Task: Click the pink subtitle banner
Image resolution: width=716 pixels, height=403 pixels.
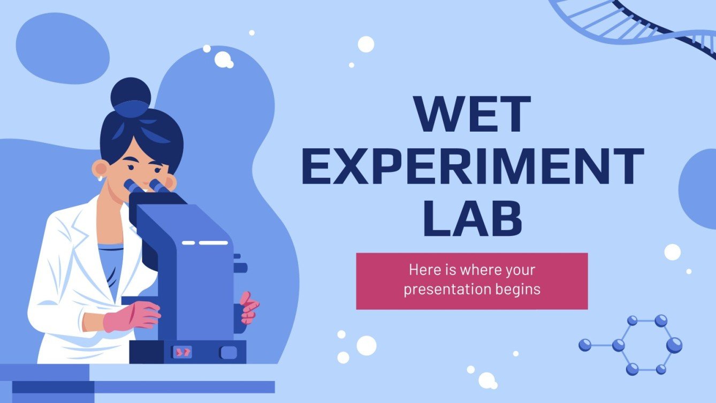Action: (x=471, y=281)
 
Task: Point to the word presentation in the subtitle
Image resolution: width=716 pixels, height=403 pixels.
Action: (x=446, y=290)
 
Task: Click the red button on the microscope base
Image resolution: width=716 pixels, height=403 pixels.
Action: (x=182, y=352)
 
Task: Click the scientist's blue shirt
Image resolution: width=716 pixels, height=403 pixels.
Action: (x=110, y=268)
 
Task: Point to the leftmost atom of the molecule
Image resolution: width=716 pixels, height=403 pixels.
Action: (x=584, y=345)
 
